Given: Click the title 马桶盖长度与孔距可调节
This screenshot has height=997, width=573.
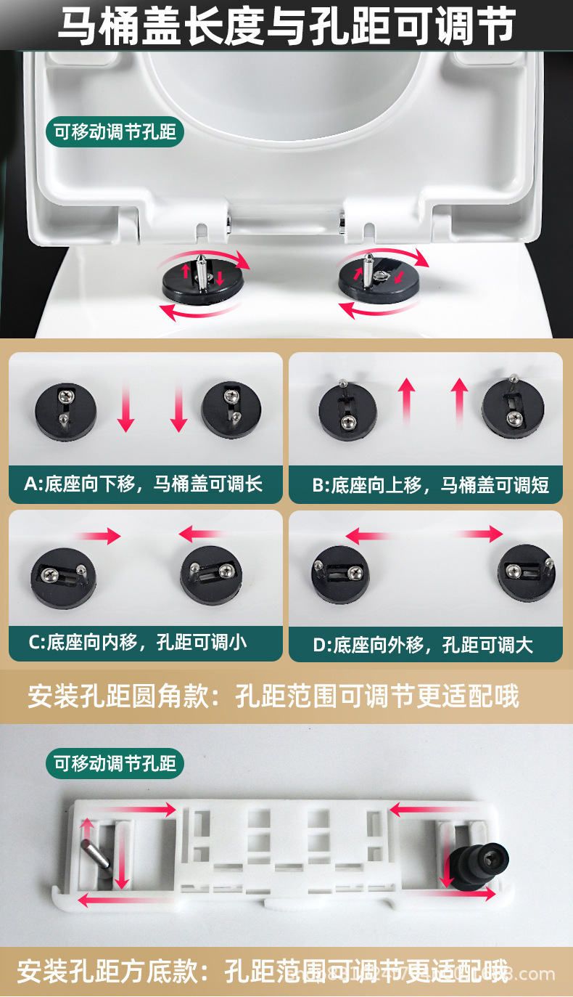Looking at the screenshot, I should (286, 25).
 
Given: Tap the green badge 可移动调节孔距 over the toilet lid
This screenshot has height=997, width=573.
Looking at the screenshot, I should (115, 133).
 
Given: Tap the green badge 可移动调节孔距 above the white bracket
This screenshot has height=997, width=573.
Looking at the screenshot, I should (115, 763).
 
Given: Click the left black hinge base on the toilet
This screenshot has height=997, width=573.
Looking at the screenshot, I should (202, 280).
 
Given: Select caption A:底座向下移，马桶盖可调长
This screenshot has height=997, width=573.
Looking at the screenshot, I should (144, 484).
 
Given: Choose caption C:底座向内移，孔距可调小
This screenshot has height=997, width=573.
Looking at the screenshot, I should (137, 642).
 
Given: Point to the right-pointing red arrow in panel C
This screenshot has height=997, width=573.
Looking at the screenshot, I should (97, 536).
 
